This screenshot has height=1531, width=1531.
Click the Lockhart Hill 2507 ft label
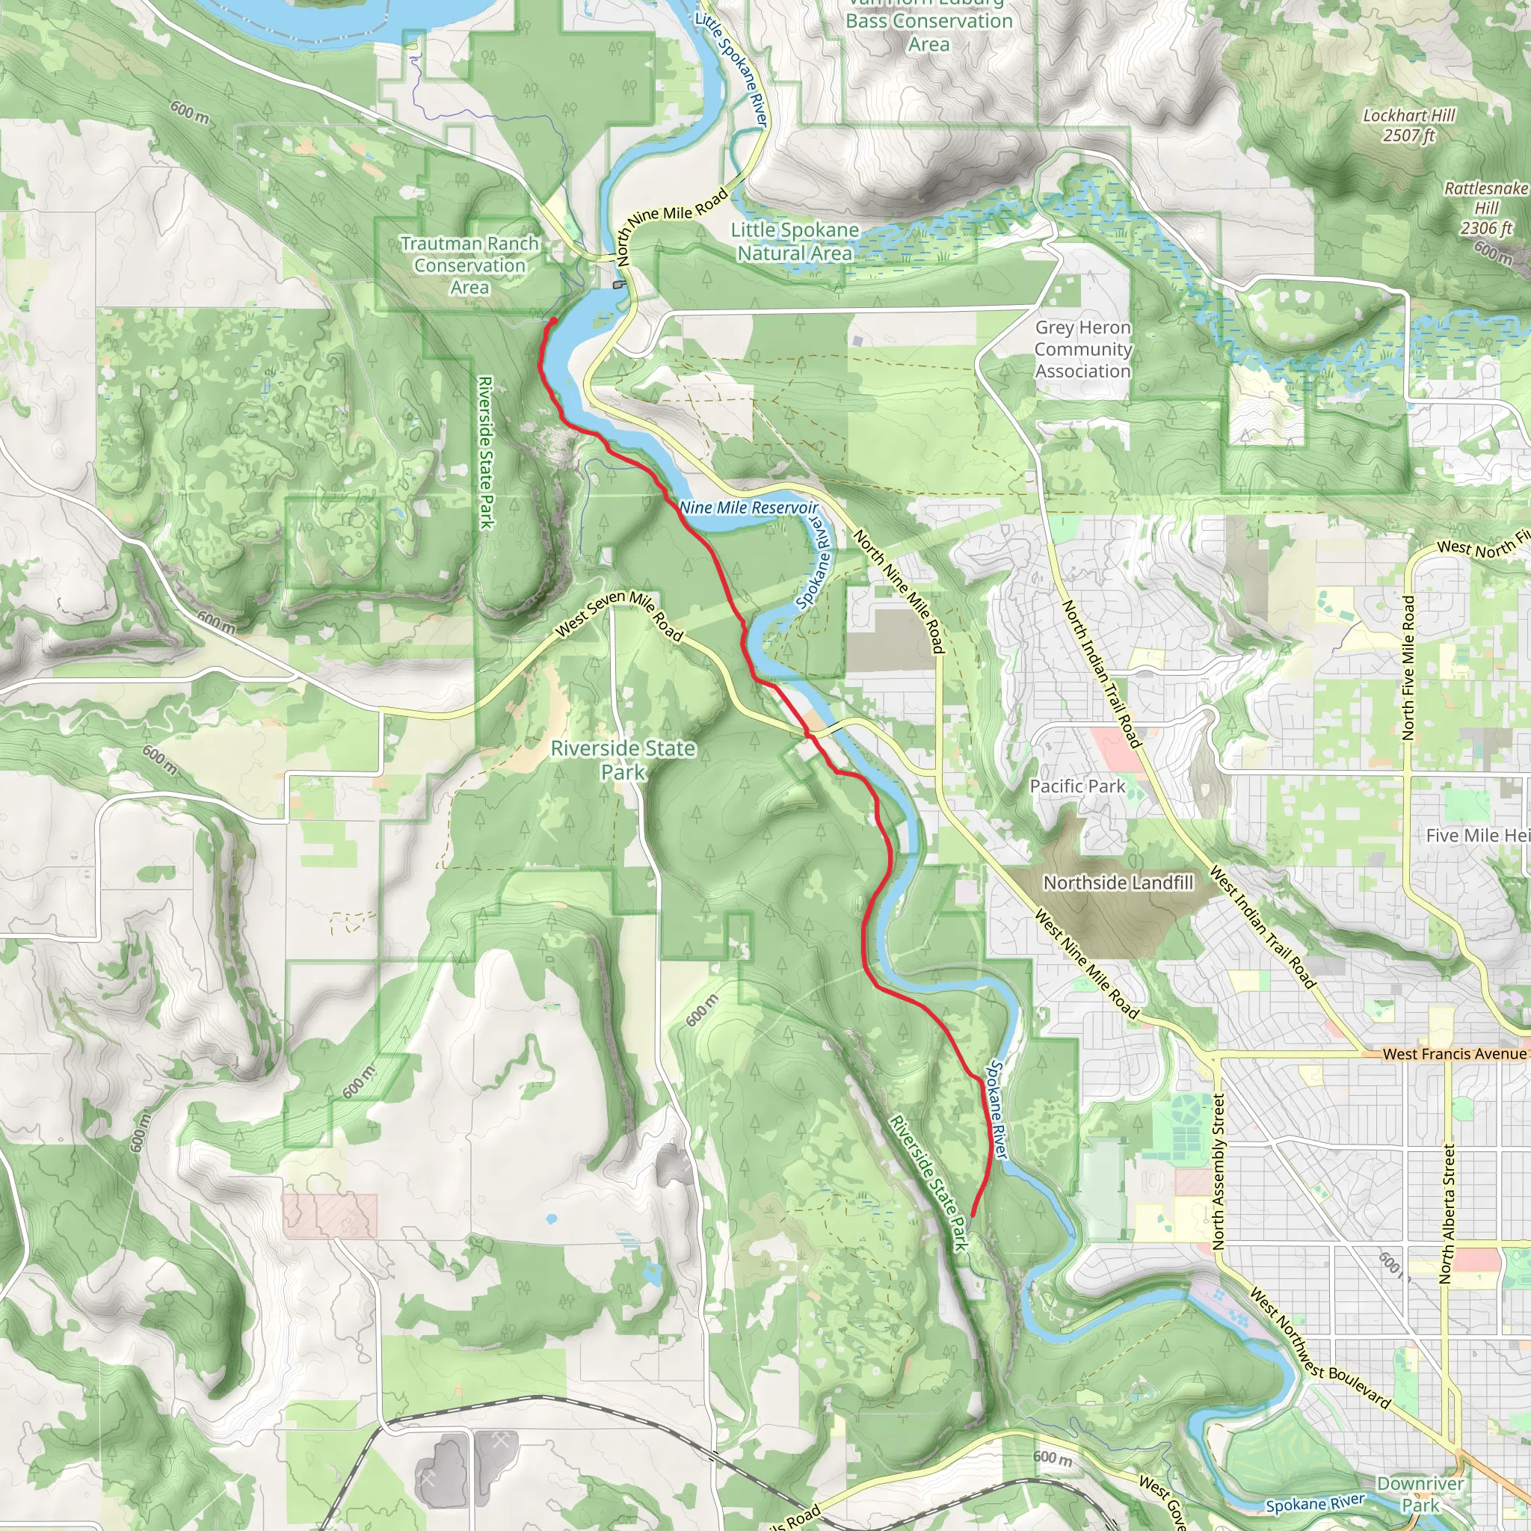click(x=1408, y=125)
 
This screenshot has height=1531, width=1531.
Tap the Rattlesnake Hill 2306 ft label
click(x=1486, y=208)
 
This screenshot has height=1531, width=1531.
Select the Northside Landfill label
click(x=1118, y=883)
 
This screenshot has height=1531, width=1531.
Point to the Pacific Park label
click(x=1077, y=786)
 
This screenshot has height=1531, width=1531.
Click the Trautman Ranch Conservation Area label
click(x=470, y=265)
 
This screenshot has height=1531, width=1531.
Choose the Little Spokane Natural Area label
click(x=795, y=241)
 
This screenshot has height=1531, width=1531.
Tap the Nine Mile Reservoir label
click(x=748, y=507)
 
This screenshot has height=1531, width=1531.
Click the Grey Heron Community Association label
click(x=1082, y=348)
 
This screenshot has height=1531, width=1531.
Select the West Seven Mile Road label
click(x=619, y=614)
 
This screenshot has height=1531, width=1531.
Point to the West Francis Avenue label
click(x=1453, y=1054)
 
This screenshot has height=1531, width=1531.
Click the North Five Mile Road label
click(x=1408, y=668)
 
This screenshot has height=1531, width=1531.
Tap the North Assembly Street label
click(x=1219, y=1172)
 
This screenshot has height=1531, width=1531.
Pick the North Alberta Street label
click(x=1447, y=1213)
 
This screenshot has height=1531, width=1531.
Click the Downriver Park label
click(x=1420, y=1494)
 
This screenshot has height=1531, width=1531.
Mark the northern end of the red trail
click(x=554, y=319)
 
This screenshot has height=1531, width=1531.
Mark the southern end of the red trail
click(x=973, y=1214)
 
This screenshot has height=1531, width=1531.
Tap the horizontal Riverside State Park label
click(x=623, y=760)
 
